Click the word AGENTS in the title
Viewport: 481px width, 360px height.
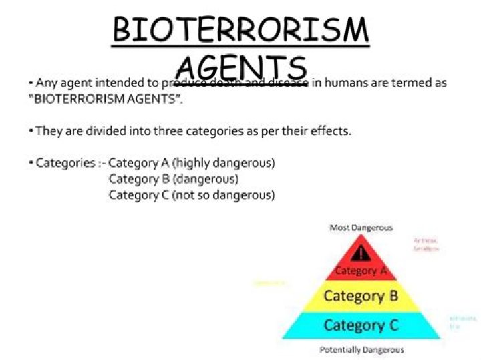241,67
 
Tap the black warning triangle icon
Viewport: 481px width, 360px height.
361,253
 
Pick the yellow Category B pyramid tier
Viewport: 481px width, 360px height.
361,295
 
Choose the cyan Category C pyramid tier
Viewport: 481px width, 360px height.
361,325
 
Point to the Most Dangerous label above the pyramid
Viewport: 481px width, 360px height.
361,228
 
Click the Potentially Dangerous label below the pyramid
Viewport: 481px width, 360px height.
361,349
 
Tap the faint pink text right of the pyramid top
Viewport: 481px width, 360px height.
426,244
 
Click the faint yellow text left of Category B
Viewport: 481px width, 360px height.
271,283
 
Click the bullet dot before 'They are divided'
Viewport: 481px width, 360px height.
31,131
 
